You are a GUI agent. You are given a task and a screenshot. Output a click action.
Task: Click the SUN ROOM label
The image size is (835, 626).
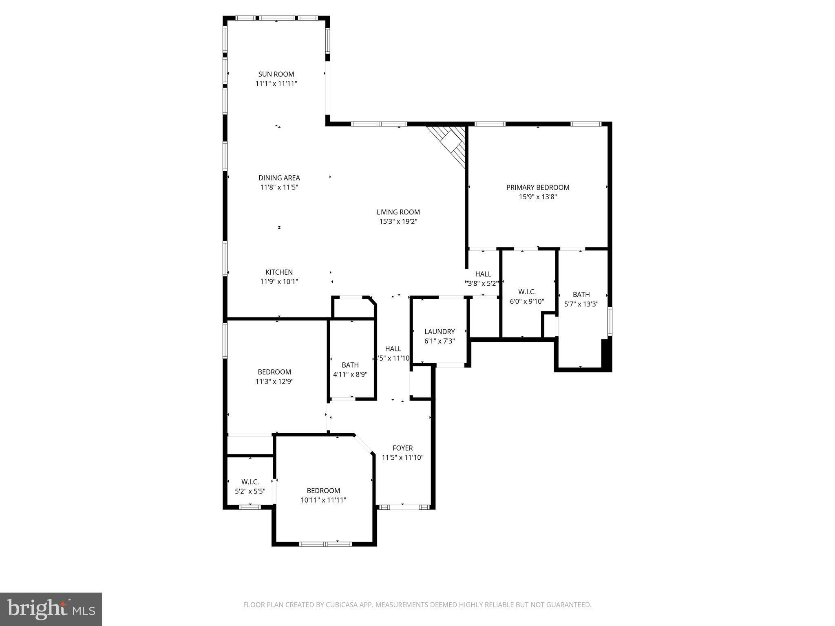(x=276, y=74)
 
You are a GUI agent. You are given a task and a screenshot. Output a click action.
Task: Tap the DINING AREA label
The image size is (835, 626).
(x=279, y=178)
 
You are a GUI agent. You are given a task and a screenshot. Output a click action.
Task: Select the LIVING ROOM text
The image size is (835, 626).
(x=398, y=212)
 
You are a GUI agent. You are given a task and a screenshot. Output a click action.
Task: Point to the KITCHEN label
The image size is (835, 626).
(x=279, y=272)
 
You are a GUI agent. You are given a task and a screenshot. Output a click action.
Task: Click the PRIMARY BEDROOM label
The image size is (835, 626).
(x=538, y=187)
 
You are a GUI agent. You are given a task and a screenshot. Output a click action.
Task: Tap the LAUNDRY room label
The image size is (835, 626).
(x=440, y=332)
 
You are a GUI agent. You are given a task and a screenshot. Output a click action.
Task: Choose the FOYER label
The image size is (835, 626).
(x=402, y=448)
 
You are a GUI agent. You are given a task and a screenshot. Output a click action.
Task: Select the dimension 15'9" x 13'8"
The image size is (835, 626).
(x=538, y=197)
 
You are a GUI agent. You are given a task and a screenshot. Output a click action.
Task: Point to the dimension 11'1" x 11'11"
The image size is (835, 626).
(x=276, y=84)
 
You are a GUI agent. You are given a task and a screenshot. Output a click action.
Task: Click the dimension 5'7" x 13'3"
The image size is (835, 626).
(x=581, y=304)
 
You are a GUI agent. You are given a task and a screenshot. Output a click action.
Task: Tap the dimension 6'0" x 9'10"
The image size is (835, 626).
(x=527, y=301)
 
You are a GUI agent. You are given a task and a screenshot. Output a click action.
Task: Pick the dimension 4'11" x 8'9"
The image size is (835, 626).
(x=350, y=374)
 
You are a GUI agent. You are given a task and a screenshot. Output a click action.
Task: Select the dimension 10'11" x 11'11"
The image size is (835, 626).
(x=323, y=500)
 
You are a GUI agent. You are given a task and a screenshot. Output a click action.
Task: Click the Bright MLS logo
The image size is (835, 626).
(x=51, y=609)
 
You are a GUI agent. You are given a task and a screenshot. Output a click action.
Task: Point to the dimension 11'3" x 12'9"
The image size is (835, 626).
(x=274, y=381)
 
